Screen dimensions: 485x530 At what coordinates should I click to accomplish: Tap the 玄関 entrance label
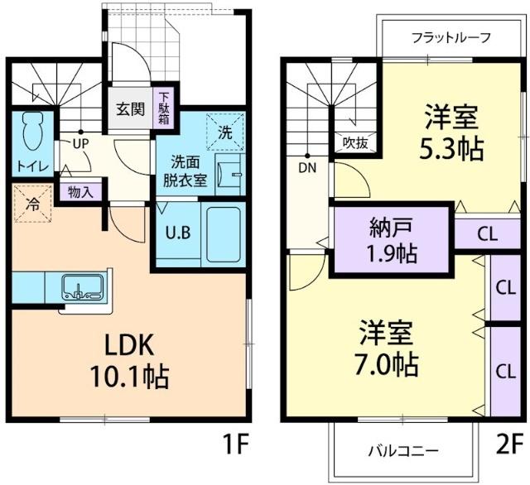[x=128, y=108]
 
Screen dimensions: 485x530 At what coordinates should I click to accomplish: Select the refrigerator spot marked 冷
[x=34, y=202]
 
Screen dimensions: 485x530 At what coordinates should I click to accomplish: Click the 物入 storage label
[x=80, y=192]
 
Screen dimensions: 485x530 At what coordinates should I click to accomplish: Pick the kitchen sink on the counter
[x=82, y=288]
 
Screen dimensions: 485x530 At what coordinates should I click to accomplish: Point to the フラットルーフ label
[x=452, y=37]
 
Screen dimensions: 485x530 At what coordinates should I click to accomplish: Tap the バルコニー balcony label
[x=403, y=451]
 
